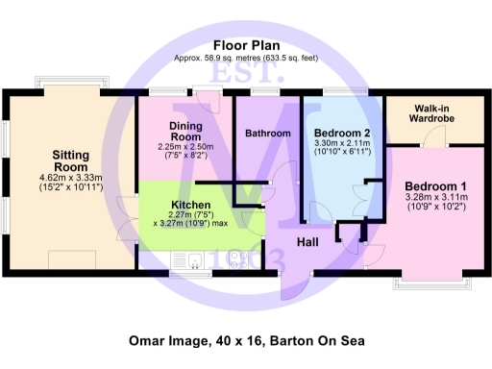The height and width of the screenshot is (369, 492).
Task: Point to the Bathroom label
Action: [267, 134]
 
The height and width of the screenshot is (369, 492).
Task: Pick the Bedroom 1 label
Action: [435, 186]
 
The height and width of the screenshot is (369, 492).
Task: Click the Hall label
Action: [308, 240]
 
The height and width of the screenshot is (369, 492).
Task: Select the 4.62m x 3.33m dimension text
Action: [70, 178]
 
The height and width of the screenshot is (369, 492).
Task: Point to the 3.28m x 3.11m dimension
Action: [435, 198]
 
